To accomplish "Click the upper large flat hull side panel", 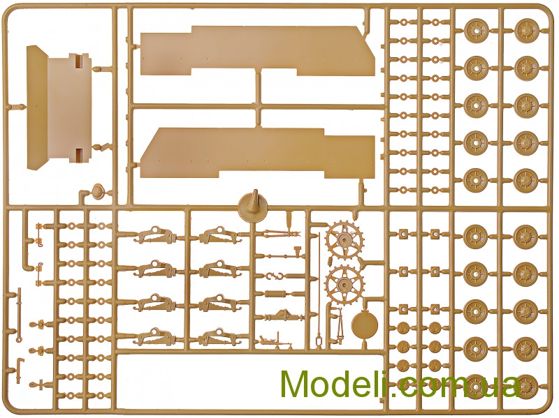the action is click(257, 50).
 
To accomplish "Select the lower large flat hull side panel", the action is click(257, 153).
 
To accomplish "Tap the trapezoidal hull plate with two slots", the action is click(59, 107).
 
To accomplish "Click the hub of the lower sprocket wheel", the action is click(344, 284).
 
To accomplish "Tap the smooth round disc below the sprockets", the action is click(364, 325).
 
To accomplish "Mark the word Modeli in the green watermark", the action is click(337, 384).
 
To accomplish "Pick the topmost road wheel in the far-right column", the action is click(526, 29).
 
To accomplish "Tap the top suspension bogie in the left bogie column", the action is click(154, 235).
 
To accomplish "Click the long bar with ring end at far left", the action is click(19, 315).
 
